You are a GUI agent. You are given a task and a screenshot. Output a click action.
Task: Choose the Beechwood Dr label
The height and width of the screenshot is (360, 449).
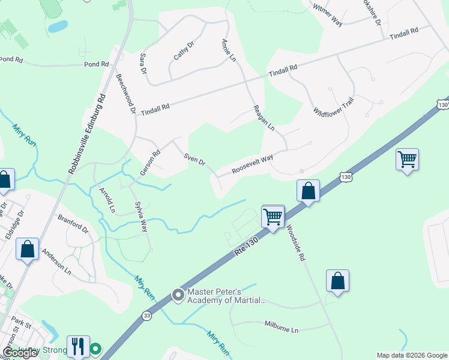(x=126, y=93)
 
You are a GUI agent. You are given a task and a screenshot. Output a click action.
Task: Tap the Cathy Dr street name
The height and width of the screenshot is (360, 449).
(x=184, y=50)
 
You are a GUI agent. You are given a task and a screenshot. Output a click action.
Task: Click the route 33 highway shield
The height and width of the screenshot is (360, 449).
(x=147, y=315)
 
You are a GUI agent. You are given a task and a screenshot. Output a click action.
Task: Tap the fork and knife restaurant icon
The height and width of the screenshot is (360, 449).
(x=78, y=346)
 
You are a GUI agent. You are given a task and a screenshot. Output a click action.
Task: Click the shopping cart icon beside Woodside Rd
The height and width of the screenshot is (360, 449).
(x=273, y=215)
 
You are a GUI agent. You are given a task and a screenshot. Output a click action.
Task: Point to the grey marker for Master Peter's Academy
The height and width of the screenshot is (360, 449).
(x=178, y=295)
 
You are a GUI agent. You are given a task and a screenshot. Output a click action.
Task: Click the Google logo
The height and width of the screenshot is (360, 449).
(x=20, y=353)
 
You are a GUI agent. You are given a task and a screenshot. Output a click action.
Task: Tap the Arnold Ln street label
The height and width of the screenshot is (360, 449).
(x=107, y=200)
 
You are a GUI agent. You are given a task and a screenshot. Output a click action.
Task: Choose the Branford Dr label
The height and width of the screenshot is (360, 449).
(x=73, y=224)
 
